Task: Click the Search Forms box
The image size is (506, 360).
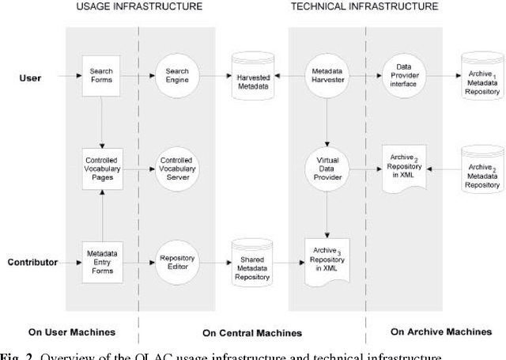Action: pyautogui.click(x=101, y=76)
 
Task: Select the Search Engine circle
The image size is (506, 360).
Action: pyautogui.click(x=176, y=76)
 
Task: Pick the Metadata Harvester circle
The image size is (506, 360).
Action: pyautogui.click(x=328, y=76)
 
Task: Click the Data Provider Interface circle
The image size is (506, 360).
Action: pyautogui.click(x=404, y=76)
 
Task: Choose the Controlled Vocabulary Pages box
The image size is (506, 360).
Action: pyautogui.click(x=101, y=168)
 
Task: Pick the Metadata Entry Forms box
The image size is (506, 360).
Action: pyautogui.click(x=101, y=262)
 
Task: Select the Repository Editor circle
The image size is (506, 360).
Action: pyautogui.click(x=176, y=262)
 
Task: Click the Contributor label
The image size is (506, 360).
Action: pyautogui.click(x=33, y=262)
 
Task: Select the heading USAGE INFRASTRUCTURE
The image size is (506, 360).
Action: pyautogui.click(x=139, y=6)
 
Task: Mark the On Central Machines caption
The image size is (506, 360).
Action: pyautogui.click(x=252, y=332)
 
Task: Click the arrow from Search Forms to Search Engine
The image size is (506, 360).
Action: pyautogui.click(x=138, y=76)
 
